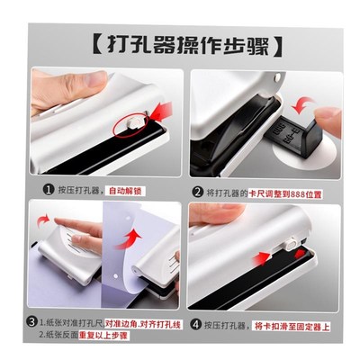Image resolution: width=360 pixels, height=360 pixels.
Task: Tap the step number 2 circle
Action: click(197, 190)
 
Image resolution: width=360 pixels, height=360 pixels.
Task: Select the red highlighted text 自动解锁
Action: click(129, 191)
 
